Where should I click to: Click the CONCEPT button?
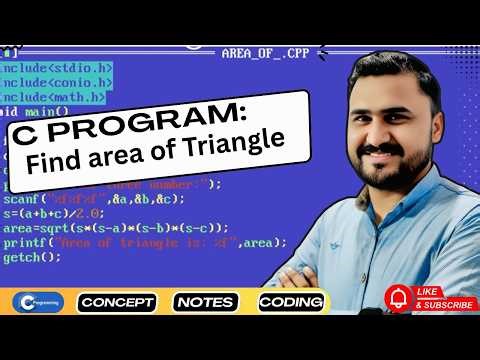(x=118, y=301)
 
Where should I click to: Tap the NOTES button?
(x=205, y=301)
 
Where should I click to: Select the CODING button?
(x=290, y=301)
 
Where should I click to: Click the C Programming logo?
(x=37, y=301)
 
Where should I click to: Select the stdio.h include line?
(x=55, y=68)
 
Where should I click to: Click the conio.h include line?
(x=55, y=83)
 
